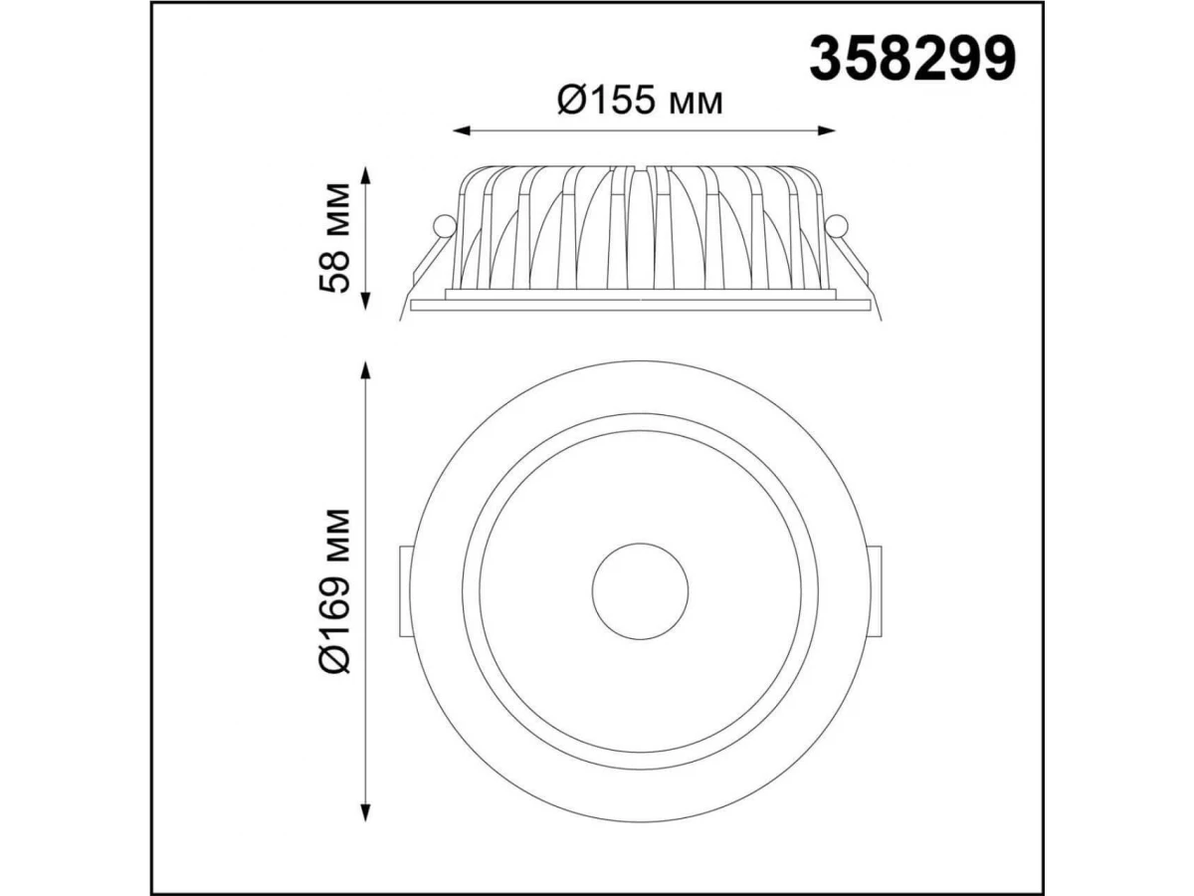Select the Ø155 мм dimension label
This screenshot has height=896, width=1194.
640,102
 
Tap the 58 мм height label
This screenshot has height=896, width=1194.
334,238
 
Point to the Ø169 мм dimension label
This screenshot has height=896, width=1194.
334,591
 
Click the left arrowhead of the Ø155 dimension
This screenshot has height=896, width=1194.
462,130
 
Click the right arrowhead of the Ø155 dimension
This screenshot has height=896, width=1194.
827,130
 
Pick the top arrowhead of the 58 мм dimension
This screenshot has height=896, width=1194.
366,175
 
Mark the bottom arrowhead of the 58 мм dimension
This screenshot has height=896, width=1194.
366,302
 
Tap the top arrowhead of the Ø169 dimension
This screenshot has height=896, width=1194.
366,370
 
